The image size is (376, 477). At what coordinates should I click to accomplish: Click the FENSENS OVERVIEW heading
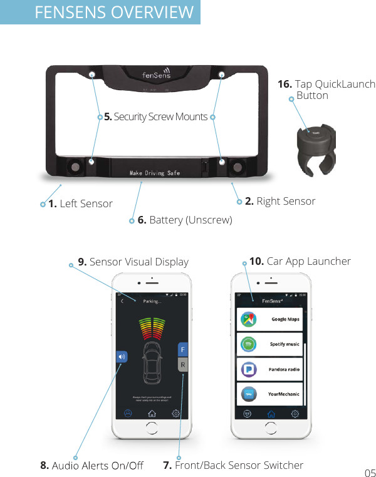(x=114, y=13)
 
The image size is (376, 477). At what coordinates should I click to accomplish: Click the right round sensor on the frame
(x=238, y=167)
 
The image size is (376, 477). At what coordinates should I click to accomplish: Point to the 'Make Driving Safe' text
(x=155, y=173)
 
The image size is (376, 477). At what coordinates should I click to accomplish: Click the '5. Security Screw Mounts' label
(x=155, y=116)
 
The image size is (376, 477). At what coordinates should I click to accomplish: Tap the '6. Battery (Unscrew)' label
(x=184, y=220)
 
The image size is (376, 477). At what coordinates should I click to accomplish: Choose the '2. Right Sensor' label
(x=280, y=201)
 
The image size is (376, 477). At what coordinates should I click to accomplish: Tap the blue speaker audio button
(x=122, y=356)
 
